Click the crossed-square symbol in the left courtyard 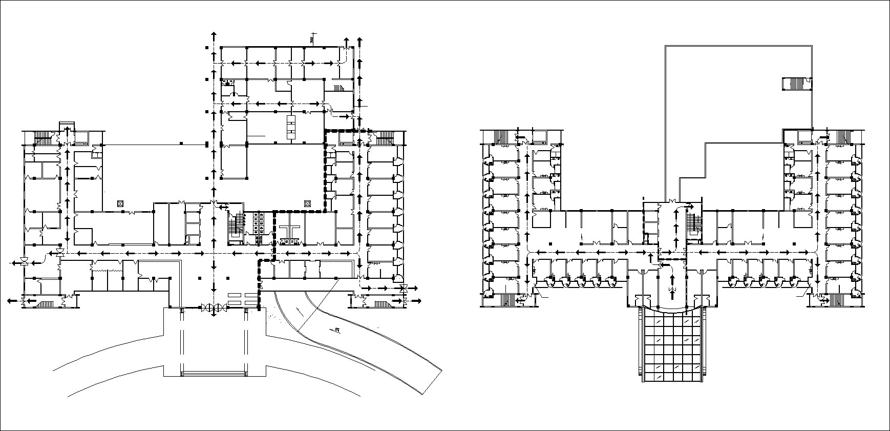click(120, 203)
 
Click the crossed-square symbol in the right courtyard click(307, 203)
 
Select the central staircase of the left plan click(236, 226)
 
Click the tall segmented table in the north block click(292, 127)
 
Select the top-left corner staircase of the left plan click(43, 137)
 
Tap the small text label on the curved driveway click(337, 330)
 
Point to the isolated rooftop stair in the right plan click(794, 84)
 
